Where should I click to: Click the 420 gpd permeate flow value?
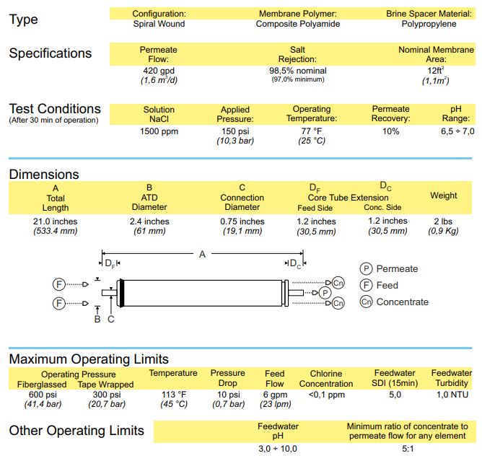tap(159, 71)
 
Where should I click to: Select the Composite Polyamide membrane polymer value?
tap(297, 24)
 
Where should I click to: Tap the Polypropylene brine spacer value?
tap(431, 24)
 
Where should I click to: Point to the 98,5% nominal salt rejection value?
tap(297, 71)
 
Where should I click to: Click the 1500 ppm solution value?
tap(159, 131)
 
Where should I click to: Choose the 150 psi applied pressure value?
tap(235, 131)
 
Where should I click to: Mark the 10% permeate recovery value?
tap(390, 131)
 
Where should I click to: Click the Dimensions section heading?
tap(44, 175)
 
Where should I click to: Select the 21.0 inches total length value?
tap(56, 221)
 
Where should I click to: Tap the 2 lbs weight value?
tap(443, 221)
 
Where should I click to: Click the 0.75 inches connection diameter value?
tap(242, 221)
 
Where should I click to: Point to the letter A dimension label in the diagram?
tap(202, 254)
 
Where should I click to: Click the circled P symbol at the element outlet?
tap(325, 292)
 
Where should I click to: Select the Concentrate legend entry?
tap(402, 302)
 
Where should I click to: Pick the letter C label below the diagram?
tap(110, 320)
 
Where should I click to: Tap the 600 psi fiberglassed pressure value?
tap(43, 395)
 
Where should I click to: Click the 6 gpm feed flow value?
tap(274, 395)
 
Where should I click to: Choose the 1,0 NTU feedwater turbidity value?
tap(452, 395)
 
